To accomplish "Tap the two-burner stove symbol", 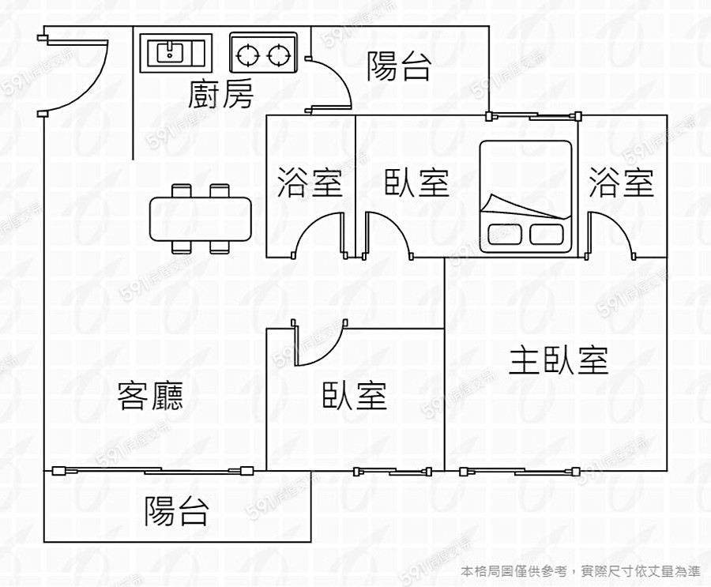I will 263,54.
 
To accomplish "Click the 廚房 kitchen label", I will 222,96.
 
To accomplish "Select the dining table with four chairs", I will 201,218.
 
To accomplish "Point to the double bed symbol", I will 525,196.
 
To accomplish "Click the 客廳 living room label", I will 150,395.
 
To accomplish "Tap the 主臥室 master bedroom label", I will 559,360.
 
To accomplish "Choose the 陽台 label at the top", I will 399,66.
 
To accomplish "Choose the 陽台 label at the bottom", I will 176,511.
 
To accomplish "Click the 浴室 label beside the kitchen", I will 310,182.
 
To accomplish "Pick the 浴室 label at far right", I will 622,182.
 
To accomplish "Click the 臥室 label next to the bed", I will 416,182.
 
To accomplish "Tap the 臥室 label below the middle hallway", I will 355,395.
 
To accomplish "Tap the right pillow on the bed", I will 546,234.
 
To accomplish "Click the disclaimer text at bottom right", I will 581,570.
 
